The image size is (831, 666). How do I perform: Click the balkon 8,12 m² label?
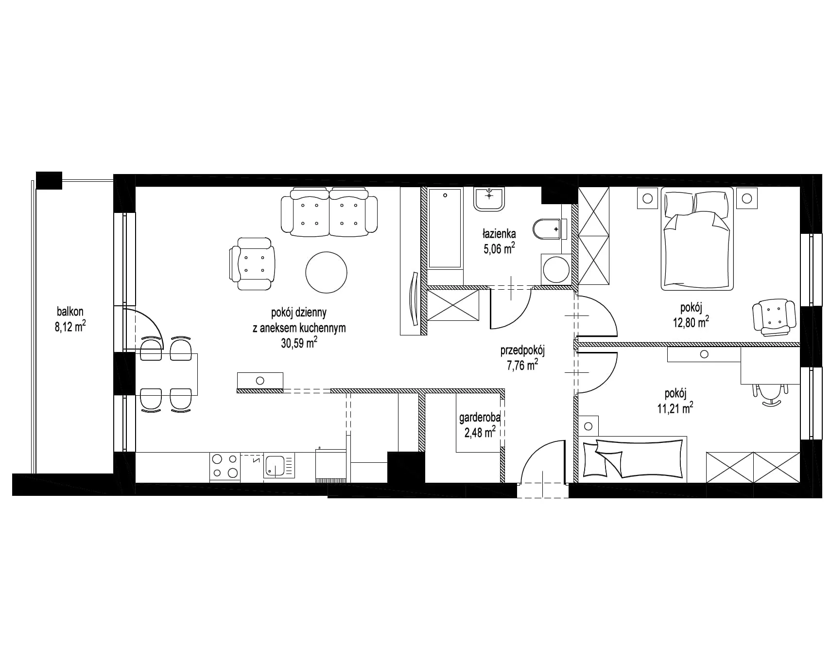pos(70,319)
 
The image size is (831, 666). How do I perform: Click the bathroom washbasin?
pos(489,198)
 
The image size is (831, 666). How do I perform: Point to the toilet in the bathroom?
pos(550,228)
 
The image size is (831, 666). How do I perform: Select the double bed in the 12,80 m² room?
pos(697,239)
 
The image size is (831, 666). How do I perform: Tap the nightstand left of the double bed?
pos(647,198)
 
